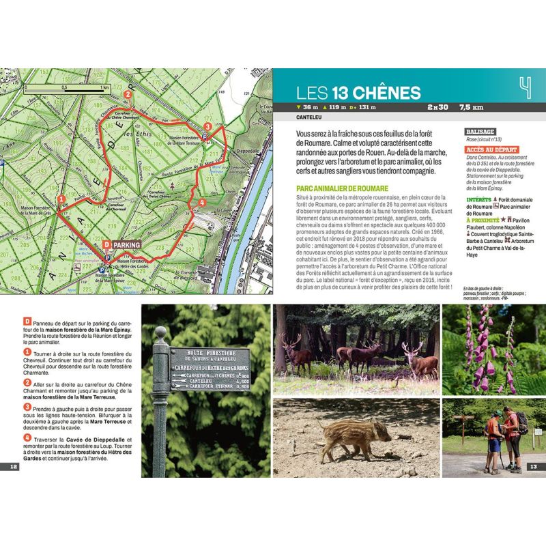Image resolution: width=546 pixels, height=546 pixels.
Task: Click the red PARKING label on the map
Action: [x=127, y=244]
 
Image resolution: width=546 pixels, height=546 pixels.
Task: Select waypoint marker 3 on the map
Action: [x=207, y=126]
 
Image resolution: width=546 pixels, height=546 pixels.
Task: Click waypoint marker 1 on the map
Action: [x=62, y=199]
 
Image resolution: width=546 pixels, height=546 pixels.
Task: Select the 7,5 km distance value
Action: [x=471, y=107]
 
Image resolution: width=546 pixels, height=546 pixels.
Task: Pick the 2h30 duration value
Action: [x=437, y=107]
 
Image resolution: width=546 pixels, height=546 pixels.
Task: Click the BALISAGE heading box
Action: [x=480, y=131]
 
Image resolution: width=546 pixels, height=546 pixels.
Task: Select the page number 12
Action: [x=13, y=467]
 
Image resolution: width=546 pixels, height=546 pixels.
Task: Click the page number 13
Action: [x=534, y=467]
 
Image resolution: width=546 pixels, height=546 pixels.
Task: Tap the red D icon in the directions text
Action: [x=26, y=321]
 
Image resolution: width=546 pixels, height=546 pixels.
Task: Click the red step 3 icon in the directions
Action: [x=27, y=407]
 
